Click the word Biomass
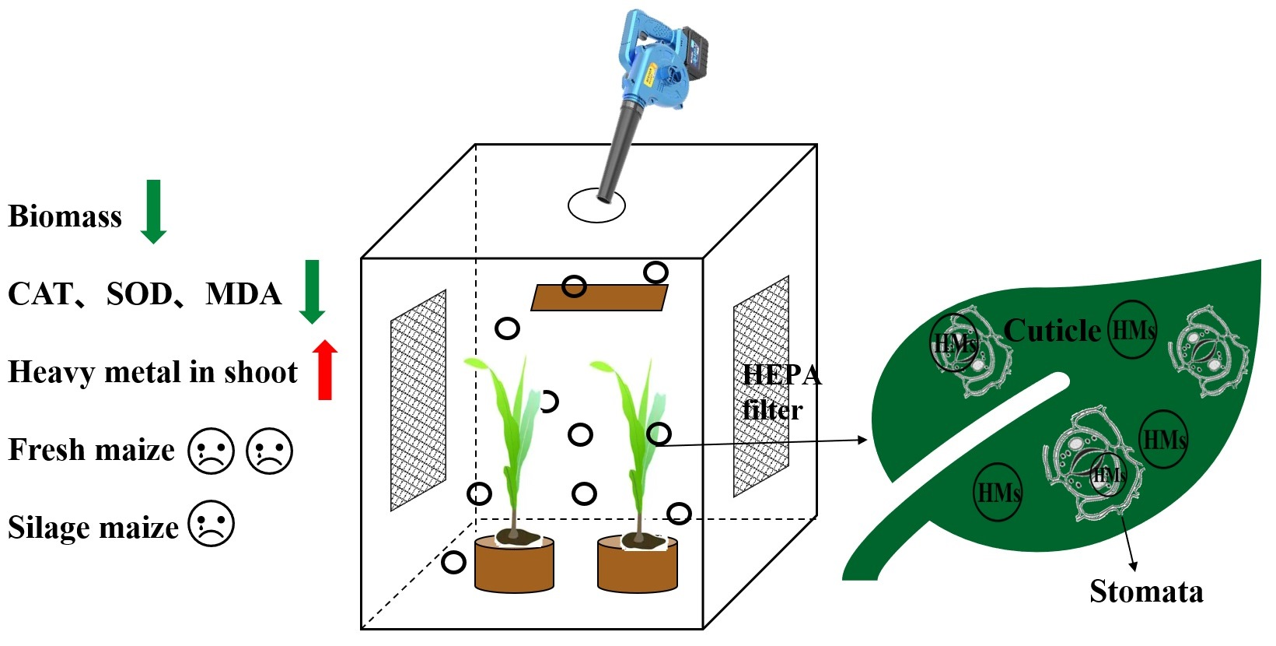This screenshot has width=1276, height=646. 65,216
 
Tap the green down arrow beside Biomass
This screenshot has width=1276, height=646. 153,211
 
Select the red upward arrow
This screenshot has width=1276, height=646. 325,370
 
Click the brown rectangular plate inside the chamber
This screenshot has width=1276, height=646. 599,297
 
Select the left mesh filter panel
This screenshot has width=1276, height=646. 418,401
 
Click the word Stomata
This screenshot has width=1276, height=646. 1145,592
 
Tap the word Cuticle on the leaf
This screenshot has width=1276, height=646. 1051,331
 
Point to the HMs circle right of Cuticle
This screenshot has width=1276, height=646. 1132,330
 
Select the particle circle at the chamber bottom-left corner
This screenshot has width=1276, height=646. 453,562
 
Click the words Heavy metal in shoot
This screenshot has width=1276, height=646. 152,372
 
